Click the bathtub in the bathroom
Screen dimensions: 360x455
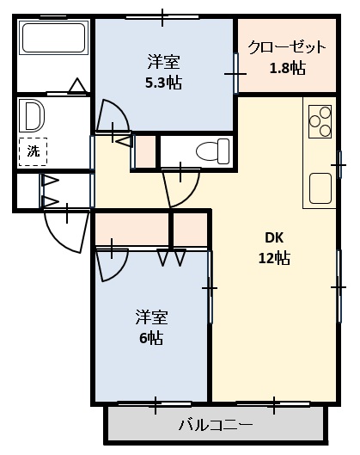(x=54, y=37)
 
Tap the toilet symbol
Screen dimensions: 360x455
(x=212, y=151)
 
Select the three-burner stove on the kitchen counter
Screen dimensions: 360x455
(x=320, y=121)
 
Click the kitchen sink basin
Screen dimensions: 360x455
(x=320, y=188)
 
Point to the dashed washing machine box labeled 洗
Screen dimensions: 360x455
(x=33, y=151)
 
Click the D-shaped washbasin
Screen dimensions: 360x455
(x=33, y=116)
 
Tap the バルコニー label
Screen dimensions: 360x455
(x=216, y=425)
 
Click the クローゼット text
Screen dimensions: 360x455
(x=287, y=47)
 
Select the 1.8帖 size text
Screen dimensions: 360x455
(x=288, y=69)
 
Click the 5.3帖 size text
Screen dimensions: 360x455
(x=163, y=83)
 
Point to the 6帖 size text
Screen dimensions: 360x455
(x=151, y=338)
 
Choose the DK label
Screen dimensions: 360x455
(x=274, y=238)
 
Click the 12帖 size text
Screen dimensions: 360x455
(x=274, y=258)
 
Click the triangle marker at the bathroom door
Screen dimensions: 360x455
(x=77, y=86)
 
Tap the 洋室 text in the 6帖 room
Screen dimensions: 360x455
(x=151, y=317)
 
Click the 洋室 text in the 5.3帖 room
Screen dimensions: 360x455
(x=164, y=62)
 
